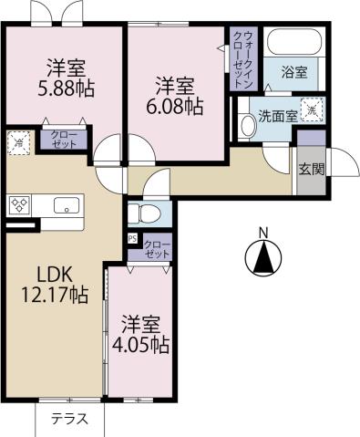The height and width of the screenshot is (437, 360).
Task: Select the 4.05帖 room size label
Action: (x=145, y=346)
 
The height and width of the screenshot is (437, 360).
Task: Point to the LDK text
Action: (x=54, y=273)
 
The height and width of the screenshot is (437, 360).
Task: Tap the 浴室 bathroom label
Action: (x=293, y=70)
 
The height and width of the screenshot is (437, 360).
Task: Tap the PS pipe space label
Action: (x=133, y=240)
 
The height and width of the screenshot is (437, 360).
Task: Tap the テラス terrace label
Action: (x=68, y=420)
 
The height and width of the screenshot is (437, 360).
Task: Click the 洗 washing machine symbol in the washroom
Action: (x=311, y=109)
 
